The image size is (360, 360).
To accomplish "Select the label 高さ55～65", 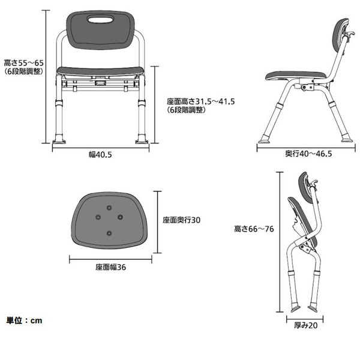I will pyautogui.click(x=22, y=62).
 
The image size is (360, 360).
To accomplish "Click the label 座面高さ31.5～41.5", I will pyautogui.click(x=200, y=101).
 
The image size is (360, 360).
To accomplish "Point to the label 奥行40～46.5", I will pyautogui.click(x=308, y=154).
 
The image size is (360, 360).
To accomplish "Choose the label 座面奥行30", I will pyautogui.click(x=181, y=220).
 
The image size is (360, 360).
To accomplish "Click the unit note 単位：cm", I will pyautogui.click(x=25, y=320).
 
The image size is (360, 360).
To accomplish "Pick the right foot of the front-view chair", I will pyautogui.click(x=142, y=140).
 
